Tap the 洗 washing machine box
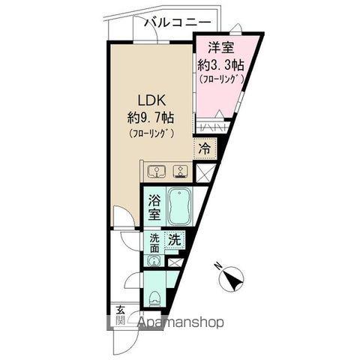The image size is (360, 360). (174, 241)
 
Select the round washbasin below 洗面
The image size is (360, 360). (154, 261)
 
